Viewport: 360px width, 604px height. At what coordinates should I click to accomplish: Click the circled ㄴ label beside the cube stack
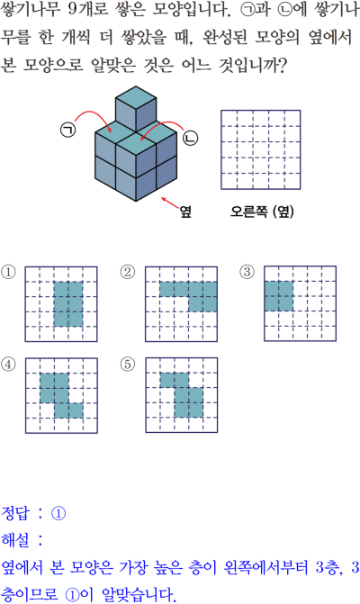coord(190,138)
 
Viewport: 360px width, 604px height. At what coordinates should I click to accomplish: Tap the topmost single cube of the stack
coord(136,109)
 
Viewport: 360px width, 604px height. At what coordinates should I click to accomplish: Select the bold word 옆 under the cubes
coord(185,212)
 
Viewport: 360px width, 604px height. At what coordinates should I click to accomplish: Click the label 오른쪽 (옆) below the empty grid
coord(262,212)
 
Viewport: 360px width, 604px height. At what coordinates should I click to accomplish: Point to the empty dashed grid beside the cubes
coord(261,149)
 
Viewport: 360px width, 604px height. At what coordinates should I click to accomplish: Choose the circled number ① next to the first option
coord(8,273)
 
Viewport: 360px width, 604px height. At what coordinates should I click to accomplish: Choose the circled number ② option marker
coord(128,273)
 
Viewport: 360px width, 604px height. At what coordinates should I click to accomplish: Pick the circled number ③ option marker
coord(247,273)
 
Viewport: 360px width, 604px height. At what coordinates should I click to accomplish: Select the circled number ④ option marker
coord(8,364)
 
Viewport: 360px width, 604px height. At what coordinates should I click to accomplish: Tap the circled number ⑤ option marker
coord(128,364)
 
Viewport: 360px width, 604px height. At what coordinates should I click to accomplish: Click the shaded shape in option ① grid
coord(68,304)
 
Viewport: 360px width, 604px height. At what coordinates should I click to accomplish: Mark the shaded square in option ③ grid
coord(279,296)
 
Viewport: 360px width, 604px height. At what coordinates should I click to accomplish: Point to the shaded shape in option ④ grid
coord(61,395)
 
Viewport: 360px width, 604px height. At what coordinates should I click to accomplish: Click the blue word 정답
coord(15,513)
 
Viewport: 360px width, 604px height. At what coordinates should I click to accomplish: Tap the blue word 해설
coord(15,540)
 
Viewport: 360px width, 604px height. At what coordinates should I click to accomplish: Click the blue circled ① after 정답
coord(58,513)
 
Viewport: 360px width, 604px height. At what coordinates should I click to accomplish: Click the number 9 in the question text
coord(73,9)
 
